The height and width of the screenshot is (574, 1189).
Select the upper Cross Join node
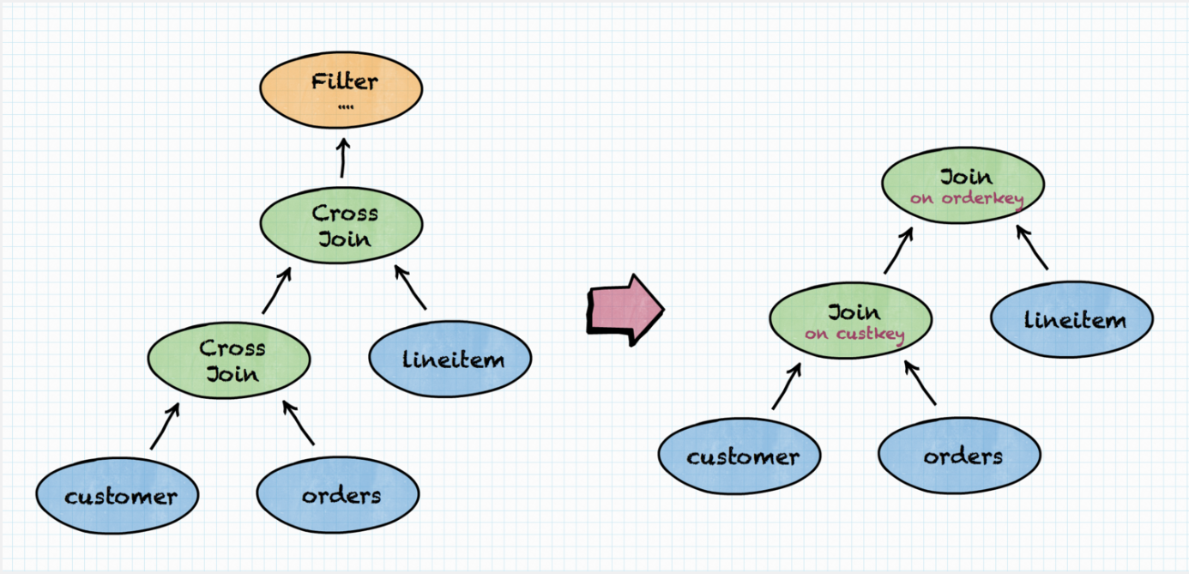tap(341, 225)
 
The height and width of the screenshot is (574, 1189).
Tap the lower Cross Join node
tap(229, 360)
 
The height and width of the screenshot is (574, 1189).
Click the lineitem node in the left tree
tap(450, 359)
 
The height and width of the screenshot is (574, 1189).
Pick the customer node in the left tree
tap(118, 495)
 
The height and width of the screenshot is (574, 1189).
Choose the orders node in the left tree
tap(338, 495)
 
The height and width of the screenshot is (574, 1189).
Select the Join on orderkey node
tap(963, 185)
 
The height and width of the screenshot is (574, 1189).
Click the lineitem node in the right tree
tap(1071, 320)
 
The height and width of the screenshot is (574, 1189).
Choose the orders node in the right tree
tap(960, 456)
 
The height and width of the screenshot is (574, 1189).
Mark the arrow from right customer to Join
tap(787, 385)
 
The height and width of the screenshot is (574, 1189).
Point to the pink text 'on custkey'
tap(854, 334)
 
